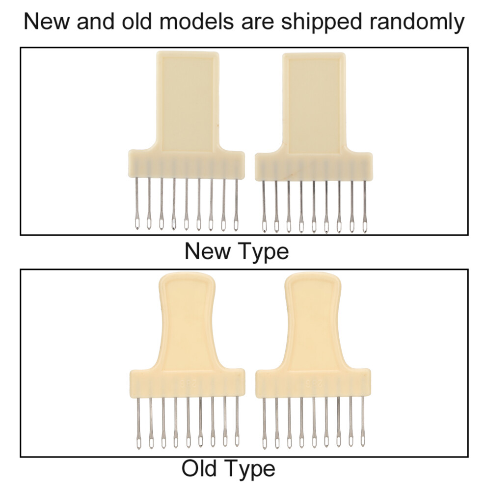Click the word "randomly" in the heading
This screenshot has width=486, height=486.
[x=417, y=22]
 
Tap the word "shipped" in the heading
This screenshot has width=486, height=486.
[x=322, y=22]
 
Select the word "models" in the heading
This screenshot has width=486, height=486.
[x=196, y=22]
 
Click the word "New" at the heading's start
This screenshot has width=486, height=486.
[x=47, y=22]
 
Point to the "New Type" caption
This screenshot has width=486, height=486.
[x=237, y=252]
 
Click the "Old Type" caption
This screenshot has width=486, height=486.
[x=228, y=469]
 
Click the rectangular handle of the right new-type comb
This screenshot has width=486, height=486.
[x=314, y=103]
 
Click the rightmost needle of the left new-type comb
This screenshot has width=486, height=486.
[x=236, y=205]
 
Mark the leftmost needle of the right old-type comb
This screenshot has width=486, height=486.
[x=264, y=423]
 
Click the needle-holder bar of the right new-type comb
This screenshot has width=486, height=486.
[x=314, y=167]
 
